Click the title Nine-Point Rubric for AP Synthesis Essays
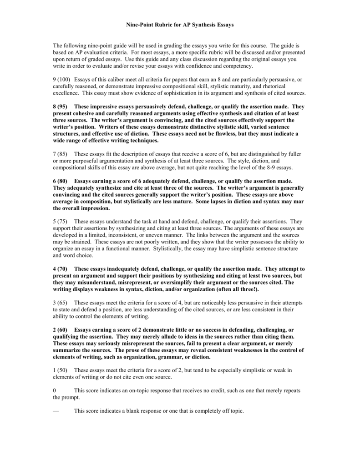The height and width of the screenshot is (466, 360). tap(180, 25)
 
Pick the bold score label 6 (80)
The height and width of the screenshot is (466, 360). tap(61, 181)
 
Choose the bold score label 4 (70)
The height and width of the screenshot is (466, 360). tap(61, 269)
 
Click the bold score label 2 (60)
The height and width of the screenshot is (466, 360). tap(61, 329)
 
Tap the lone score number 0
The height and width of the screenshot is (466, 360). tap(55, 390)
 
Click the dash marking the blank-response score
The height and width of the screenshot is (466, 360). tap(56, 410)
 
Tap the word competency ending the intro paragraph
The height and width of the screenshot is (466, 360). tap(237, 66)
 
